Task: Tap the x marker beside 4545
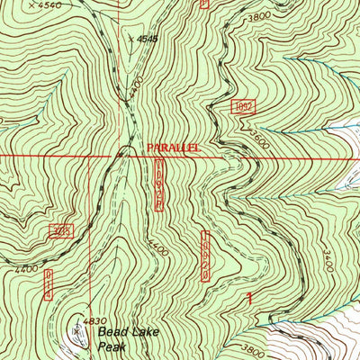[130, 39]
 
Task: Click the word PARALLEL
[170, 145]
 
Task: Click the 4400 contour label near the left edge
[26, 269]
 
